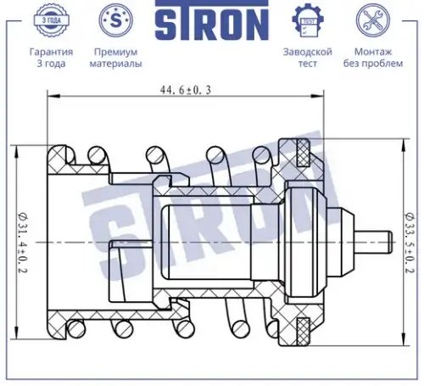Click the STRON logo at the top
pyautogui.click(x=212, y=20)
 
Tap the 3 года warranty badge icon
pyautogui.click(x=51, y=20)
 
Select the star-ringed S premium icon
pyautogui.click(x=115, y=20)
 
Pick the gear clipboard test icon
pyautogui.click(x=308, y=20)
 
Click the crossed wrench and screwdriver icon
pyautogui.click(x=373, y=20)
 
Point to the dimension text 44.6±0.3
pyautogui.click(x=186, y=90)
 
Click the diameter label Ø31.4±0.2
pyautogui.click(x=23, y=243)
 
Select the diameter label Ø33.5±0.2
pyautogui.click(x=410, y=243)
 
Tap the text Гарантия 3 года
pyautogui.click(x=51, y=58)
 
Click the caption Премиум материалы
pyautogui.click(x=115, y=58)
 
